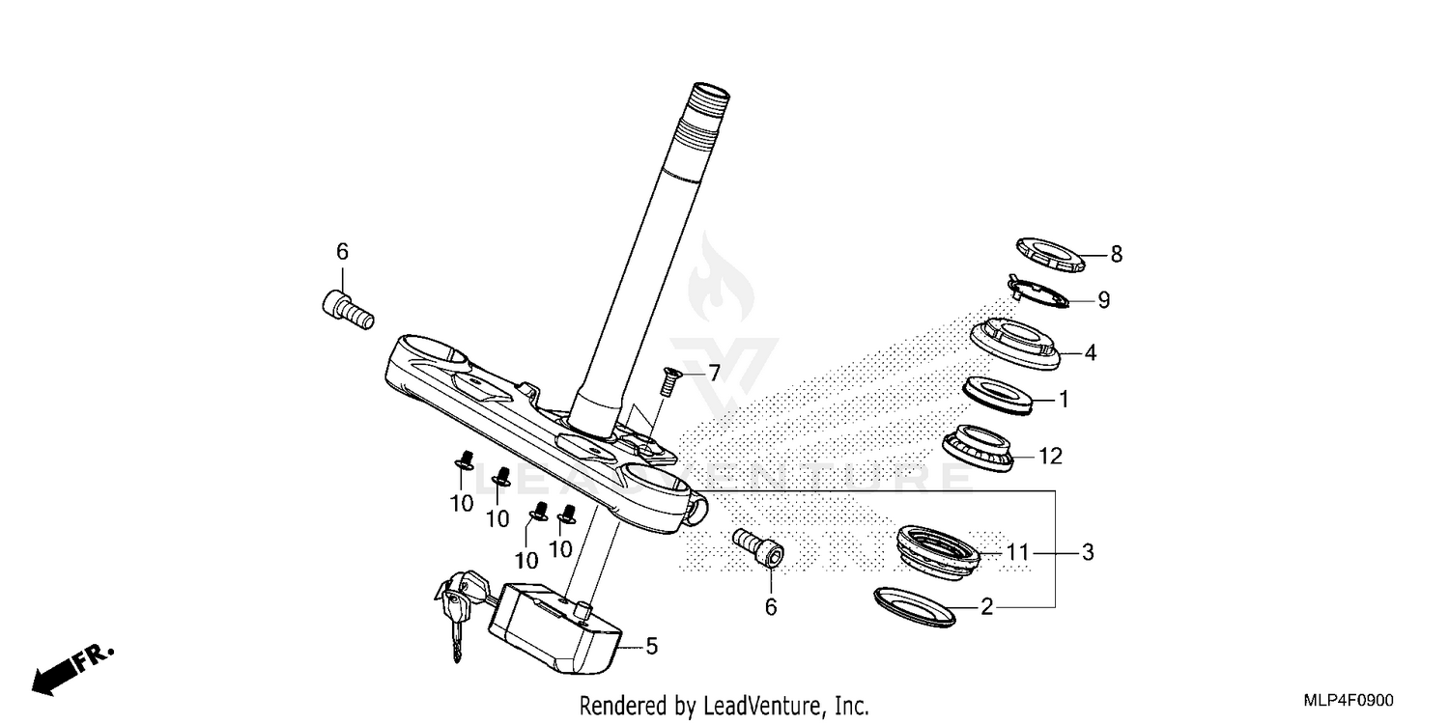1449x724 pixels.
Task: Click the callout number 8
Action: [1116, 255]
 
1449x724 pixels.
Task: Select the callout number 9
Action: [1103, 300]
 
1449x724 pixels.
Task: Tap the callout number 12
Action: [1050, 456]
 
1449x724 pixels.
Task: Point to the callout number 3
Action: [1087, 553]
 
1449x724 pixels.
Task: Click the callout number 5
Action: [651, 646]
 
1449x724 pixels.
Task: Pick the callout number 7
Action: [714, 373]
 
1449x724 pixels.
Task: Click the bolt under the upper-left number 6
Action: [346, 311]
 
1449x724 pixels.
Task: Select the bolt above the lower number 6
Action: [757, 548]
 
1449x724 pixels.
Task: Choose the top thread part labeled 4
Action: [1014, 344]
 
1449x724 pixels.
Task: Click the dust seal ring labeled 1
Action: [999, 395]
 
